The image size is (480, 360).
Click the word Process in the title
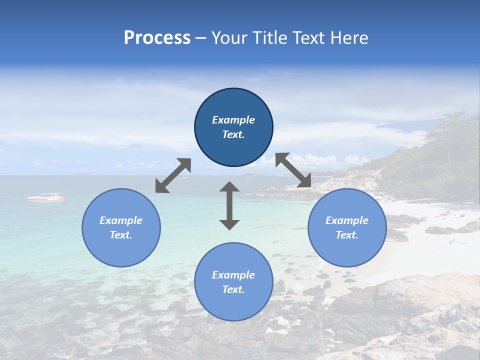point(157,38)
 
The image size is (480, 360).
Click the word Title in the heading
point(269,38)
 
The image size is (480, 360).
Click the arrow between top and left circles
point(173,175)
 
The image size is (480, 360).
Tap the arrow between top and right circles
point(293,170)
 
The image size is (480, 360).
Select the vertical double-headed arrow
point(229,205)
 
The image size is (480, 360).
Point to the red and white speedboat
point(46,198)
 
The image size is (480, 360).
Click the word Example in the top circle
point(233,120)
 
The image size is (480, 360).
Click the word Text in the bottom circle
point(232,289)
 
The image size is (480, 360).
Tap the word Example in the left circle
point(121,220)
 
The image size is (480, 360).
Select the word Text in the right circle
point(346,235)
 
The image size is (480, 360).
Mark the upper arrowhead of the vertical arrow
point(229,187)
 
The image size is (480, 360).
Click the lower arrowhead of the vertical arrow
point(229,224)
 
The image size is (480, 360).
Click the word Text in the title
point(309,38)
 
